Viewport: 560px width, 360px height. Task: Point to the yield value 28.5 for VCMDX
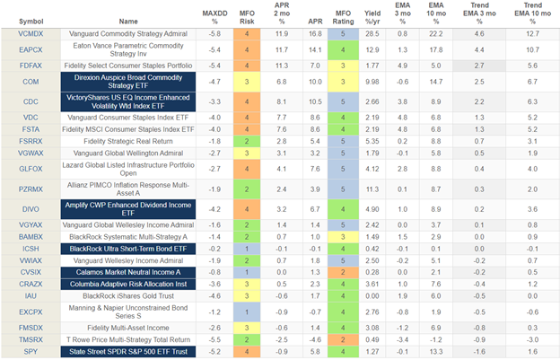pyautogui.click(x=371, y=32)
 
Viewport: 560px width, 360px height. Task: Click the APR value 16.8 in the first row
pyautogui.click(x=290, y=32)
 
